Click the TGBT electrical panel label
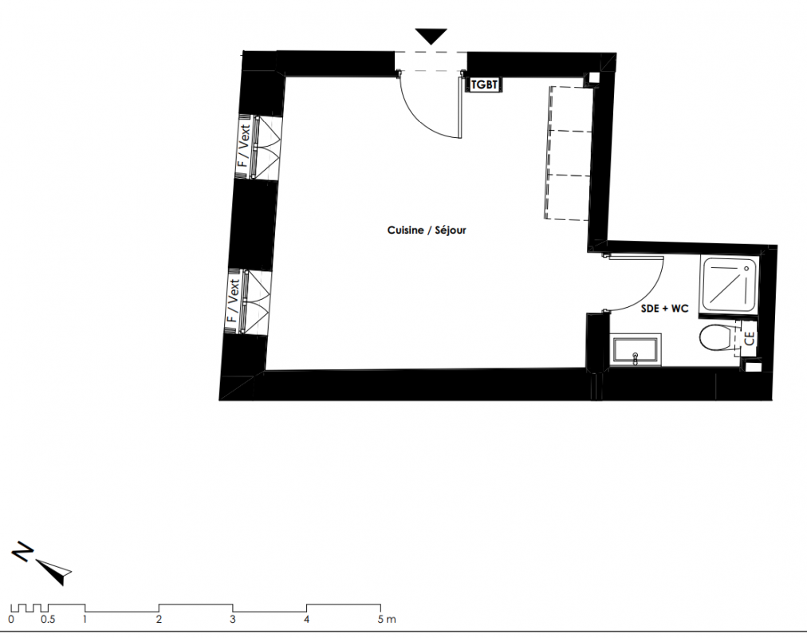(x=484, y=85)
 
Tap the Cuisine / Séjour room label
(x=427, y=230)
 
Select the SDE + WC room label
(x=664, y=308)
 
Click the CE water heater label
(x=750, y=338)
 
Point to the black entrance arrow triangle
(x=431, y=37)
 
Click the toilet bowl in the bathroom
(x=717, y=337)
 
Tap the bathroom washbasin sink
(x=636, y=350)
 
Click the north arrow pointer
(x=54, y=570)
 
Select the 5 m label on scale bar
(x=387, y=619)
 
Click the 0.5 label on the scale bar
(x=48, y=619)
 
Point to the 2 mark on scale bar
(x=159, y=619)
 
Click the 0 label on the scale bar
(x=11, y=619)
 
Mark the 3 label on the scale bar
(x=233, y=619)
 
